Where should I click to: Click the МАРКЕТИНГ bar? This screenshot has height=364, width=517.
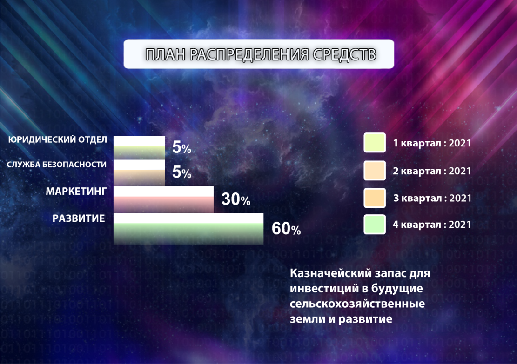163,199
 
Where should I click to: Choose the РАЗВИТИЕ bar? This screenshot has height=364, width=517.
188,229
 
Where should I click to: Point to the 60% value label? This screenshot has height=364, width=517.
286,229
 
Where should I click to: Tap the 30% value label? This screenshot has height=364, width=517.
236,199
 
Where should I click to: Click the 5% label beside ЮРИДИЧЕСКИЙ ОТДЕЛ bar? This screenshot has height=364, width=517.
181,147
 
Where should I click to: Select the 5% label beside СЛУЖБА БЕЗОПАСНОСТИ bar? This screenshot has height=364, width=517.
181,172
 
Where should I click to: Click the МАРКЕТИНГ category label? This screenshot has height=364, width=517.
76,191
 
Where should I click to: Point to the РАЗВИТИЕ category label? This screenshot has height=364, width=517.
79,218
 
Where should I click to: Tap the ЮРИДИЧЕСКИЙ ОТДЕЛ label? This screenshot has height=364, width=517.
58,139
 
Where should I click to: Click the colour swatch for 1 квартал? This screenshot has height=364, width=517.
375,143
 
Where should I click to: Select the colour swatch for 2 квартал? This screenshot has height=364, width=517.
375,171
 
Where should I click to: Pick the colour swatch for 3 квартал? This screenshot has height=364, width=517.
375,198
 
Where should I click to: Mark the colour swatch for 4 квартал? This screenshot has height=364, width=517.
375,225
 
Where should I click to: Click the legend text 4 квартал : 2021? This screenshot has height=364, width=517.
431,225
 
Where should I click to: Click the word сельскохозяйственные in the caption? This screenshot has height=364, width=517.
357,304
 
